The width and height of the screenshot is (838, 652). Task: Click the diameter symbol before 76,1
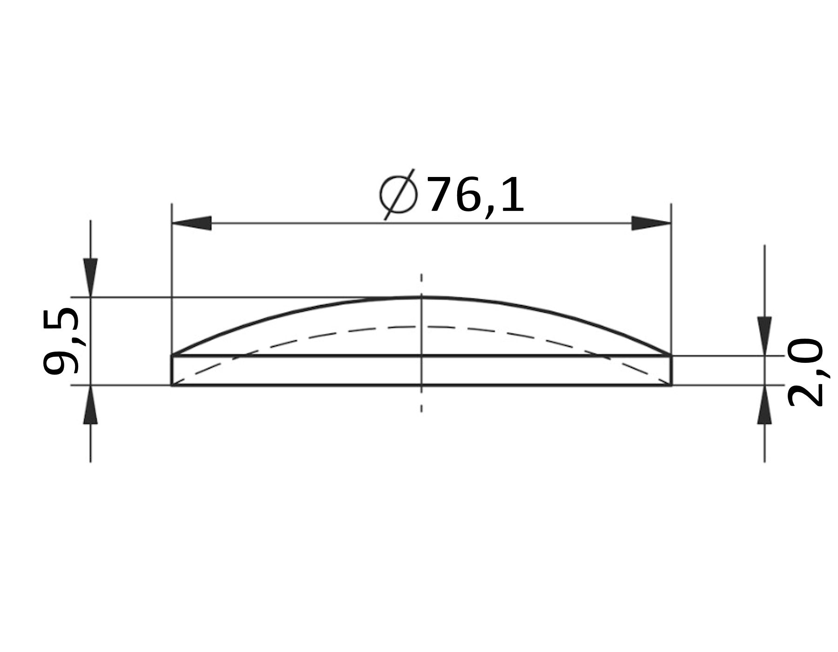coord(398,194)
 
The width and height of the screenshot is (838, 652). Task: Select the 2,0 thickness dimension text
coord(805,372)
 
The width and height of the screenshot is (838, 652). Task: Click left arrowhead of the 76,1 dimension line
coord(191,223)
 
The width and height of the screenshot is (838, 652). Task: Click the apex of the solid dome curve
coord(421,297)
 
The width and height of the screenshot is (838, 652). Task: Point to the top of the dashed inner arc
coord(421,326)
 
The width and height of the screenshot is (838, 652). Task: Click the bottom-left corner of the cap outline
coord(172,385)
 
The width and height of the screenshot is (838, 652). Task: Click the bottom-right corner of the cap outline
coord(671,385)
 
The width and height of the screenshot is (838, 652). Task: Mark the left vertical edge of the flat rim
coord(172,370)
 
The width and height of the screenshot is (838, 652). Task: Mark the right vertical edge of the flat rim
coord(671,370)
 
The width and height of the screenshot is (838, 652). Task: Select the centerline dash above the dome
coord(421,278)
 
